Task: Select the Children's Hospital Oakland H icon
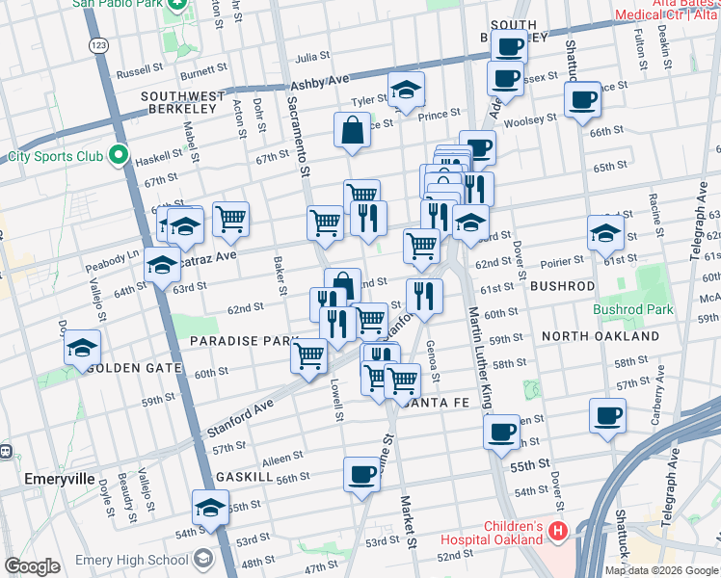[x=558, y=530]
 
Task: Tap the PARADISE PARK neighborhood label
[x=245, y=341]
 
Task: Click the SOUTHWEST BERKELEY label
[x=182, y=96]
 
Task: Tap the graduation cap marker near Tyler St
[x=407, y=92]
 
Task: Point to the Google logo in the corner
[x=32, y=566]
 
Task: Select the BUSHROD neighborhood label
[x=560, y=286]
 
